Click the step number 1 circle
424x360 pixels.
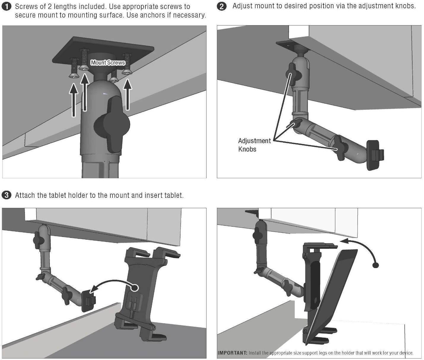point(7,6)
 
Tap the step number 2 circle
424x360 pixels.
point(222,6)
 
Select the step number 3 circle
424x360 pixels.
point(6,195)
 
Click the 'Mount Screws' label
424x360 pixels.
point(108,63)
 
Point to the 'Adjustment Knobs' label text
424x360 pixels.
point(254,145)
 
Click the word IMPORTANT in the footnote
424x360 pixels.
point(232,353)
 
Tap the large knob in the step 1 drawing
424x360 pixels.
point(112,126)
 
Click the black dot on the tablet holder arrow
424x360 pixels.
point(135,287)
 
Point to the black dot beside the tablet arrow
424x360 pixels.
point(376,265)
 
